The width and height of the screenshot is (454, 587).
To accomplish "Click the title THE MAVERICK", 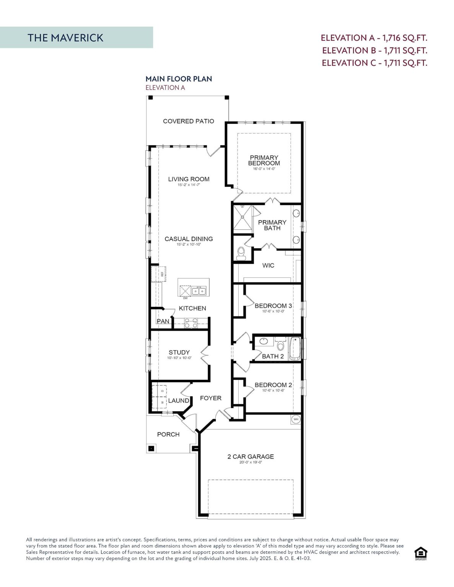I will pyautogui.click(x=65, y=37).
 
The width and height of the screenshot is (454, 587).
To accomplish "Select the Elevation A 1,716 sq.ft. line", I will pyautogui.click(x=374, y=37).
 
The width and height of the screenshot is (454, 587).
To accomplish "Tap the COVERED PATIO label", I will pyautogui.click(x=188, y=121).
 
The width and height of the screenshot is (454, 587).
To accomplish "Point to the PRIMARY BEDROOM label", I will pyautogui.click(x=264, y=160).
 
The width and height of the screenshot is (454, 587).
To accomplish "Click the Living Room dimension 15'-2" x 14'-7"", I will pyautogui.click(x=189, y=185).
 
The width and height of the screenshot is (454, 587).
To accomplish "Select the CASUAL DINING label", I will pyautogui.click(x=189, y=239).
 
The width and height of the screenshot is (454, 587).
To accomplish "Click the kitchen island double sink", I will pyautogui.click(x=199, y=291).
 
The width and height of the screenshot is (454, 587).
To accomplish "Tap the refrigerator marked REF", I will pyautogui.click(x=158, y=274).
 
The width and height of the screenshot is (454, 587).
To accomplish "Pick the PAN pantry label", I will pyautogui.click(x=163, y=321).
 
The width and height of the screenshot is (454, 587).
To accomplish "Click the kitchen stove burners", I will pyautogui.click(x=190, y=323).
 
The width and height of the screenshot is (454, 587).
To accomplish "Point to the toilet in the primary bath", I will pyautogui.click(x=241, y=253).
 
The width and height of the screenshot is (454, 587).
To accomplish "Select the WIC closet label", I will pyautogui.click(x=268, y=265).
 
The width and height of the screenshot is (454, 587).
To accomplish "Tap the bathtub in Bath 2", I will pyautogui.click(x=295, y=349).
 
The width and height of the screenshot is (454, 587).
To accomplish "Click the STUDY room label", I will pyautogui.click(x=179, y=352).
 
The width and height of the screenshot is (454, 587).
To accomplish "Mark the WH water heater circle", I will pyautogui.click(x=296, y=419).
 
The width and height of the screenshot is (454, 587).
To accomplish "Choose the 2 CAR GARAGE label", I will pyautogui.click(x=251, y=456).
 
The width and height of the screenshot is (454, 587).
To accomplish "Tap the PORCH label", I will pyautogui.click(x=168, y=434).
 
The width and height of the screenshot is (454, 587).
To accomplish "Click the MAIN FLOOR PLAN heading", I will pyautogui.click(x=179, y=79).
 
